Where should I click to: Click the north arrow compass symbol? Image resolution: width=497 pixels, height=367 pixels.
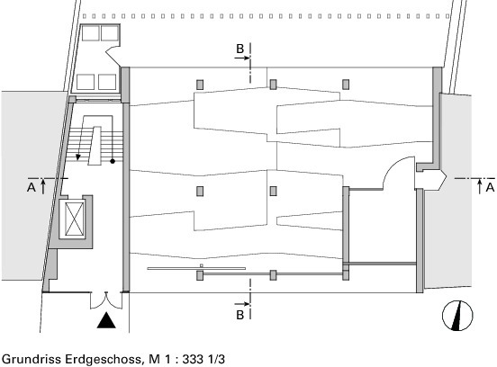pos(457,316)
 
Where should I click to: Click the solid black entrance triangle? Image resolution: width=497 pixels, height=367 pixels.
pos(106,320)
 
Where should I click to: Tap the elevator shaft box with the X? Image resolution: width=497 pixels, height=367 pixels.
pos(75,219)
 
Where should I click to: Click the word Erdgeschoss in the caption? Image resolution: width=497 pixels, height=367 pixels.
pos(104,359)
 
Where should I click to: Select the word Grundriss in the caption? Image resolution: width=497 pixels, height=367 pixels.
pos(32,359)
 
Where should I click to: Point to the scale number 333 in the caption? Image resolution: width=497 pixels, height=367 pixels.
pos(193,359)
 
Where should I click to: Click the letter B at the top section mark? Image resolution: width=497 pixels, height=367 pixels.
pos(239,49)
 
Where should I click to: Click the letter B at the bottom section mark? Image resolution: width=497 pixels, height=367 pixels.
pos(239,315)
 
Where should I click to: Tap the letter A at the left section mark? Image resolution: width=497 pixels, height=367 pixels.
pos(31,187)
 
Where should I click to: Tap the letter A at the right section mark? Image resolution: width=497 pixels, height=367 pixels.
pos(490,187)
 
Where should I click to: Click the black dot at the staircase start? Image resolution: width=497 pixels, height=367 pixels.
pos(113,161)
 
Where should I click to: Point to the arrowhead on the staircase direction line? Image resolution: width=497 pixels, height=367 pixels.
pos(78,157)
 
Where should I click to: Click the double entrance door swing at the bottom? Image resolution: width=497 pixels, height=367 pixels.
pos(106,301)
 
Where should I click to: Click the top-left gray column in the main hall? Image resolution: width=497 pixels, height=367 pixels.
pos(200,85)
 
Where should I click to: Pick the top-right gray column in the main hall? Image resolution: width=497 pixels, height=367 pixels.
pos(346,85)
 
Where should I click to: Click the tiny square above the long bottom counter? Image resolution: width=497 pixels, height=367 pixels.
pos(202,265)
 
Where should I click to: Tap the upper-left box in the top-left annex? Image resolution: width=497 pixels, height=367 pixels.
pos(91,33)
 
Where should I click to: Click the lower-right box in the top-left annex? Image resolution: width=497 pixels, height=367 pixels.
pos(107,82)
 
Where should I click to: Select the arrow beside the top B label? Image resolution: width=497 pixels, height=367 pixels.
pos(242,58)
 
